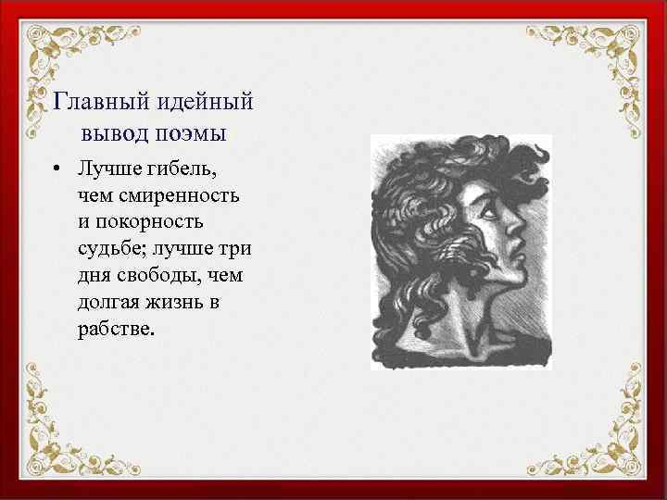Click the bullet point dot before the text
coord(57,171)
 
